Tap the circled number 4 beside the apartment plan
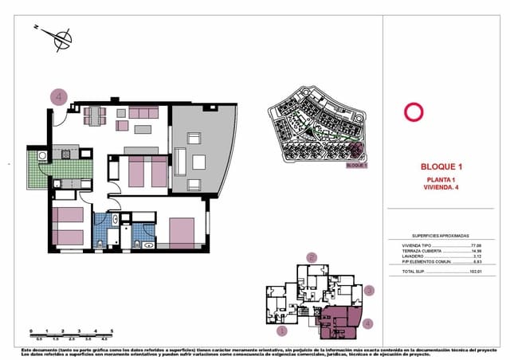(x=58, y=96)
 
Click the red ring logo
(x=413, y=112)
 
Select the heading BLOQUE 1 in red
(x=441, y=167)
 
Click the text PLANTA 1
(x=441, y=181)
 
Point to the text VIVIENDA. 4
(x=441, y=188)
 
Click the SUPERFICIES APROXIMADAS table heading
(x=441, y=237)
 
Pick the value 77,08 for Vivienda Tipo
(x=477, y=245)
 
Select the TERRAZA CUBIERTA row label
(x=419, y=251)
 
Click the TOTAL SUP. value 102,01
(x=477, y=272)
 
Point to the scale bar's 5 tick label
(x=112, y=331)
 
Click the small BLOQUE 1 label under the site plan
(x=357, y=166)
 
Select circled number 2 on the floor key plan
(x=312, y=257)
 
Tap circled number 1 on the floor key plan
(x=280, y=329)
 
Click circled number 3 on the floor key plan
(x=369, y=292)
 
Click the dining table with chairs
(x=95, y=115)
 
